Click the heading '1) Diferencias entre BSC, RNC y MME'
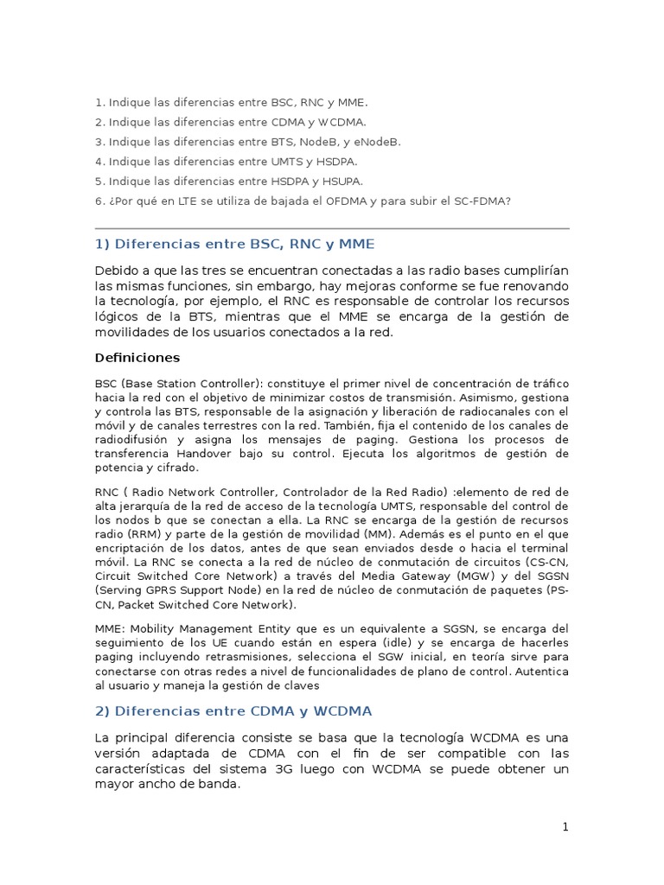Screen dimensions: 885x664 click(235, 245)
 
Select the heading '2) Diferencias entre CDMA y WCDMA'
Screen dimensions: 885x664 click(233, 711)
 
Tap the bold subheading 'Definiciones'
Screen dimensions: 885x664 click(137, 357)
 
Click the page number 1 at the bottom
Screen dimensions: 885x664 click(565, 827)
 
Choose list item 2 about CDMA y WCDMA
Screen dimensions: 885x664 click(231, 122)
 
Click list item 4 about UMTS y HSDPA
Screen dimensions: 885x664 click(226, 162)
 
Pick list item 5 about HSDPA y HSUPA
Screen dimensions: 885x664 click(229, 181)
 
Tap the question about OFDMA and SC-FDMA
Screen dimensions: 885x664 click(303, 201)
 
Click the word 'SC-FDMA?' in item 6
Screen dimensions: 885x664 click(484, 201)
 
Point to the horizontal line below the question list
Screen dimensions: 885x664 click(332, 228)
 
